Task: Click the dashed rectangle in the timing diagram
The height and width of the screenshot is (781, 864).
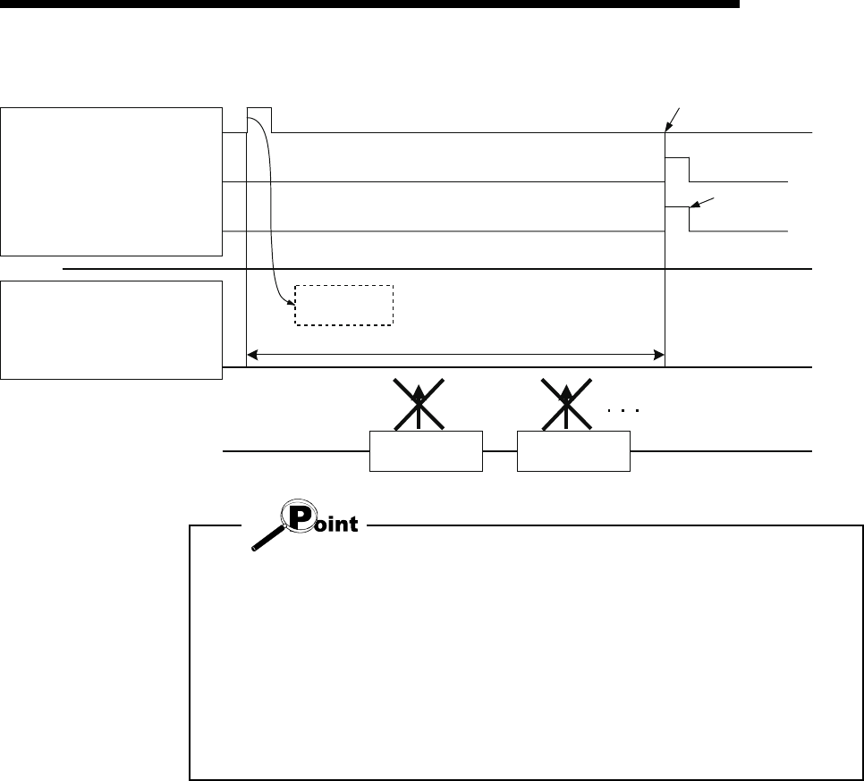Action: [x=344, y=306]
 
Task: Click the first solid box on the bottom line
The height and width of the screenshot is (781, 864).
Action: [x=426, y=452]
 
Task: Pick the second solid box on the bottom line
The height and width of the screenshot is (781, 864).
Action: [x=573, y=452]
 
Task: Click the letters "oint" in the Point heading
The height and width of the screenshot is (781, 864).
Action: [x=339, y=525]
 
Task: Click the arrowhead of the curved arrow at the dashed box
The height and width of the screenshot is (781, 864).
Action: [x=293, y=303]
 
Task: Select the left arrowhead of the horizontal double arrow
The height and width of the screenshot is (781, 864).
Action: [x=253, y=356]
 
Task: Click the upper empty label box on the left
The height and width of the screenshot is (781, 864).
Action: [x=111, y=181]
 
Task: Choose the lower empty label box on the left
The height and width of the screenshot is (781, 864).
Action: [x=111, y=330]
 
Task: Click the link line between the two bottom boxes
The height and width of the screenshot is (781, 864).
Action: [x=500, y=452]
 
